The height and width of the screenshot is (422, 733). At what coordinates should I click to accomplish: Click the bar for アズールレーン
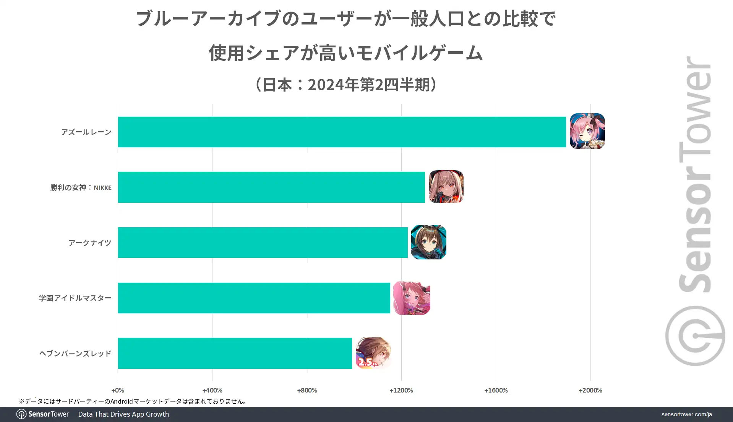click(x=342, y=132)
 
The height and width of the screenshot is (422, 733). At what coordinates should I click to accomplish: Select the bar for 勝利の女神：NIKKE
click(x=271, y=187)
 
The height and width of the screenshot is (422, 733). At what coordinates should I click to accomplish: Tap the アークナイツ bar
click(x=263, y=243)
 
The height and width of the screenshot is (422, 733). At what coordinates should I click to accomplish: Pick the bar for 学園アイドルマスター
click(x=254, y=298)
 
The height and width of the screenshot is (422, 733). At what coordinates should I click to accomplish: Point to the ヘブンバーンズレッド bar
click(x=235, y=353)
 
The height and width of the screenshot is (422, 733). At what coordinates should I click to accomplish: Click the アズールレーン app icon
click(x=587, y=131)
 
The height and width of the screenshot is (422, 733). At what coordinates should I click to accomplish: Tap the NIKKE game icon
click(x=446, y=187)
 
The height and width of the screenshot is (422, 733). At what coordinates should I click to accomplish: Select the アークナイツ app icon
click(x=428, y=242)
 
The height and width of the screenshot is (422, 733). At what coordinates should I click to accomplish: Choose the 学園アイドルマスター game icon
click(x=412, y=298)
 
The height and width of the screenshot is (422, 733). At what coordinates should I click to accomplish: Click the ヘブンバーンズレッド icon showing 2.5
click(x=373, y=353)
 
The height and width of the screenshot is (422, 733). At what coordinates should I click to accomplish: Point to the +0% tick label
click(x=118, y=390)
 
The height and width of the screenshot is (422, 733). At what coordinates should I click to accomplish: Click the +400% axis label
click(x=212, y=390)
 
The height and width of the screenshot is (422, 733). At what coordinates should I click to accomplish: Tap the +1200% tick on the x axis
click(x=401, y=390)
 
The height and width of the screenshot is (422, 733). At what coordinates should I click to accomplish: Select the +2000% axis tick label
click(x=590, y=390)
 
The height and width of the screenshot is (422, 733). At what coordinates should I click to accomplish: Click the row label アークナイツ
click(x=90, y=243)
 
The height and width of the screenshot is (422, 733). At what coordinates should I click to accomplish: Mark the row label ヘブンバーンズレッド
click(x=75, y=354)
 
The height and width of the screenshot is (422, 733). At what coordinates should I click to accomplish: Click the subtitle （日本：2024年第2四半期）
click(x=346, y=85)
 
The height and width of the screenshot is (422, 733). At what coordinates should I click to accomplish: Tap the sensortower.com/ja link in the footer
click(x=686, y=414)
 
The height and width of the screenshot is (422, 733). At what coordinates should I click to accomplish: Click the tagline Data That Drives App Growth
click(x=123, y=414)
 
